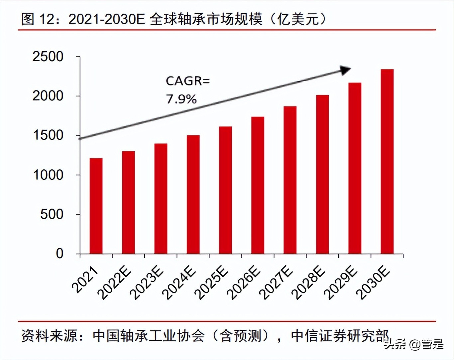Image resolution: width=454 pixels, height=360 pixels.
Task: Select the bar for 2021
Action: point(96,206)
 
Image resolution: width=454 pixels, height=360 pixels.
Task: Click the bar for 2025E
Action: point(225,190)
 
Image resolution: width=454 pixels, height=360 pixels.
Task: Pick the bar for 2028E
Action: point(322,174)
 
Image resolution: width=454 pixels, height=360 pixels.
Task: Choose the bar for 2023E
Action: point(161,199)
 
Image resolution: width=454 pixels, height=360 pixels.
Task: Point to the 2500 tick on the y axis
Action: point(48,57)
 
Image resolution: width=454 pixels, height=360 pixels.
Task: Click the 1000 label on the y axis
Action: point(48,175)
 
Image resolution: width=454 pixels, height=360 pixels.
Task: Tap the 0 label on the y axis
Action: point(59,254)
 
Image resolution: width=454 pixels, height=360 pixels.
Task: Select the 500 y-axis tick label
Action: point(52,214)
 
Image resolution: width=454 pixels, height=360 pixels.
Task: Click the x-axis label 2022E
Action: point(115,283)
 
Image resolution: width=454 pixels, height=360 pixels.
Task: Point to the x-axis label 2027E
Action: point(277,283)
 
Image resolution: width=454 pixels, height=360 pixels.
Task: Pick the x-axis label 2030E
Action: point(373,283)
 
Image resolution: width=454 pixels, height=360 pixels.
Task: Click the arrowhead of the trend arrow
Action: point(346,70)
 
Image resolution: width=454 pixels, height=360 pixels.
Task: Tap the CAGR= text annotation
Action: point(188,81)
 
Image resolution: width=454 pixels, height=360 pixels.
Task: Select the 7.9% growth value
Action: point(181,99)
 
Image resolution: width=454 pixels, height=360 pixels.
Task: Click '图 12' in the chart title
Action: point(37,19)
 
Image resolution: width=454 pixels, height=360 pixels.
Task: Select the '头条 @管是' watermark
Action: point(414,344)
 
